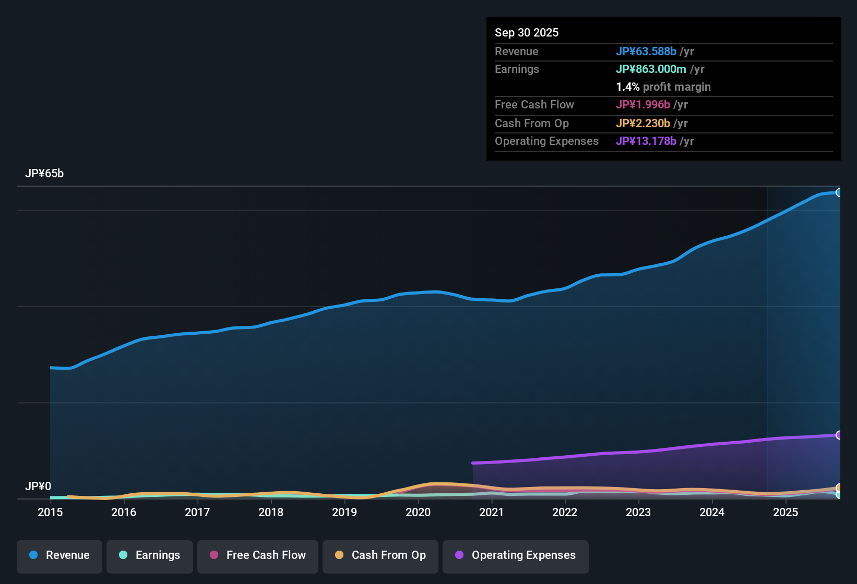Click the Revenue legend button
[59, 555]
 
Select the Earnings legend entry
[150, 555]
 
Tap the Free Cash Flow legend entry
[258, 555]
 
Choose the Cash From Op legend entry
[380, 555]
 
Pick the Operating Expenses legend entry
[516, 555]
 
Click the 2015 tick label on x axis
[50, 513]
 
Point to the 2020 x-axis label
[418, 513]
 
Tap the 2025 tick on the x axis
[785, 513]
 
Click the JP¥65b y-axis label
[44, 174]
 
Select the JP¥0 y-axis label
[38, 486]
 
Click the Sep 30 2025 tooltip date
[527, 33]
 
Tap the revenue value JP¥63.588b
[646, 52]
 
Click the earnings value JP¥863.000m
[651, 69]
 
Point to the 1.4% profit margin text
[663, 87]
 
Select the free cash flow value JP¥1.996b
[642, 105]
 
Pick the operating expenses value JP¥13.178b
[646, 141]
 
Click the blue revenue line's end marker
[839, 192]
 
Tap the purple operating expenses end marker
[839, 435]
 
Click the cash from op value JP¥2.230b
[642, 124]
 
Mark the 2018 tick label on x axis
[271, 513]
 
